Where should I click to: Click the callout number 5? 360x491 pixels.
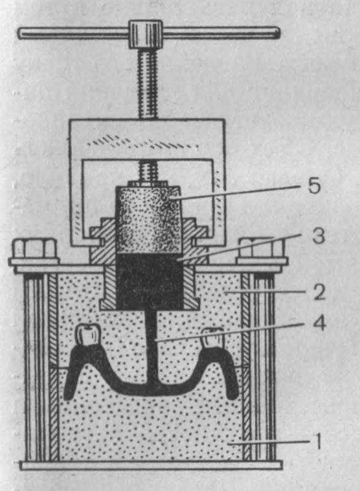click(x=314, y=186)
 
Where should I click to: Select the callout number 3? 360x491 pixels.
click(x=318, y=236)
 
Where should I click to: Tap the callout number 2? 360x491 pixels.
click(x=319, y=292)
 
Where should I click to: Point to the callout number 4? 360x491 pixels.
click(x=319, y=323)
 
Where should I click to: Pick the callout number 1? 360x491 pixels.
click(x=318, y=441)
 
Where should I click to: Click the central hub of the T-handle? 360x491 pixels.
click(x=146, y=34)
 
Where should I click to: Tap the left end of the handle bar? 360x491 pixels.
click(x=20, y=33)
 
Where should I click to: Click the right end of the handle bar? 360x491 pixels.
click(x=278, y=33)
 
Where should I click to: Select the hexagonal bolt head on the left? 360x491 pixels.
click(x=34, y=249)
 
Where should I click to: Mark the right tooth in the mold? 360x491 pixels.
click(x=213, y=338)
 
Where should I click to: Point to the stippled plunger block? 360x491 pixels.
click(x=149, y=220)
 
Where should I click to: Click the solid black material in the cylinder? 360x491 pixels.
click(x=149, y=281)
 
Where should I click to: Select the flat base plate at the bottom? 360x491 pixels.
click(x=151, y=465)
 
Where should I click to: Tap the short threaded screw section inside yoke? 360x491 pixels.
click(x=148, y=172)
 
